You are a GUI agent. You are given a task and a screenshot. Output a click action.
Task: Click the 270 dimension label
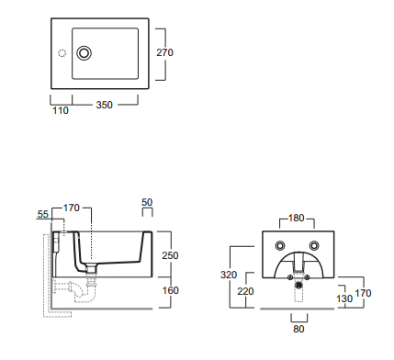pyautogui.click(x=164, y=52)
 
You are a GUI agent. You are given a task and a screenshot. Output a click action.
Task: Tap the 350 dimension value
pyautogui.click(x=105, y=105)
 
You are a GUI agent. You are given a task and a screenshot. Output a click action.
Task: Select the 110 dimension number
pyautogui.click(x=61, y=110)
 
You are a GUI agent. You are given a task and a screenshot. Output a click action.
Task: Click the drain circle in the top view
pyautogui.click(x=84, y=53)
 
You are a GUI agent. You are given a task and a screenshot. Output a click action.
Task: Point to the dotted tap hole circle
pyautogui.click(x=62, y=53)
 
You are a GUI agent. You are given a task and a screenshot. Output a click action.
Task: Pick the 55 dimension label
pyautogui.click(x=43, y=214)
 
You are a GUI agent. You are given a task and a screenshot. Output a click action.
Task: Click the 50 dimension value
pyautogui.click(x=147, y=202)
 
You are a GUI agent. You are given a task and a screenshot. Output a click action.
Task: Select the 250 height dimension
pyautogui.click(x=170, y=255)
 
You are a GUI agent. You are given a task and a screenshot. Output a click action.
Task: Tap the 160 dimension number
pyautogui.click(x=170, y=290)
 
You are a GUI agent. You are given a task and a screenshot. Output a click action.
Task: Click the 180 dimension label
pyautogui.click(x=296, y=219)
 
